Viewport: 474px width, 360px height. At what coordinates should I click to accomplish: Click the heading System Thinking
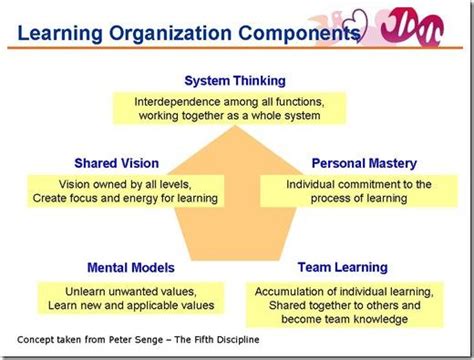click(236, 80)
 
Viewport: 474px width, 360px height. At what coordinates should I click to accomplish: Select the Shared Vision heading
click(118, 162)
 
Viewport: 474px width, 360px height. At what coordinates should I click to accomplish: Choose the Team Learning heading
click(343, 268)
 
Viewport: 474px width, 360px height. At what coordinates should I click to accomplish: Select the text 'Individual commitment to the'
click(357, 184)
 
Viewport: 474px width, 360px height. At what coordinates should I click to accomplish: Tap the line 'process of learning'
click(357, 198)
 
